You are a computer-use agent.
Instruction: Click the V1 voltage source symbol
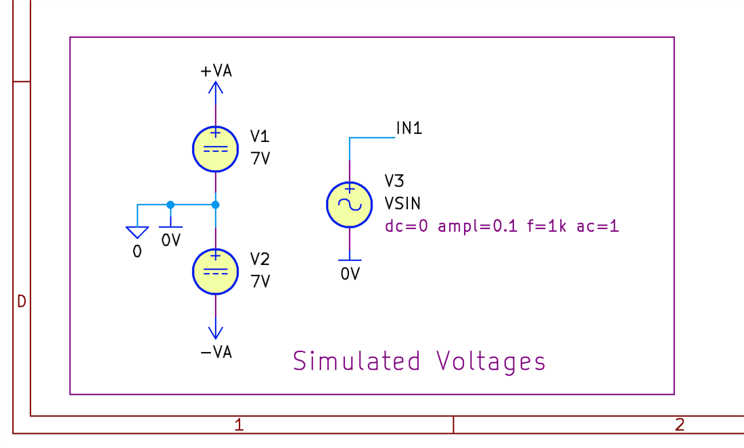215,149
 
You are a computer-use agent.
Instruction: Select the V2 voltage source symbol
215,272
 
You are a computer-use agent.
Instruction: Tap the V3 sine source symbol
349,204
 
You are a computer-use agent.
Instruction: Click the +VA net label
216,71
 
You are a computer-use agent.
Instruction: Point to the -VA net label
216,352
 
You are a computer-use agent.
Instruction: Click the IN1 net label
409,128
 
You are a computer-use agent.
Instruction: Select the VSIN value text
403,203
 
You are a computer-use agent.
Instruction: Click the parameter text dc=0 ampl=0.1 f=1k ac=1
502,226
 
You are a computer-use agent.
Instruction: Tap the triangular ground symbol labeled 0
137,232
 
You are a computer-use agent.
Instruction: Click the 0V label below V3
350,274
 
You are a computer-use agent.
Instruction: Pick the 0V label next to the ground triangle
171,240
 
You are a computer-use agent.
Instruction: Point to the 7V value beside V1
260,159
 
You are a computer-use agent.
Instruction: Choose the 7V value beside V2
260,281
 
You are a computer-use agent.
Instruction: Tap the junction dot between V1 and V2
215,204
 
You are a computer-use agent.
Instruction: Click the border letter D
21,301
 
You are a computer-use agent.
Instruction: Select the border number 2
680,424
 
